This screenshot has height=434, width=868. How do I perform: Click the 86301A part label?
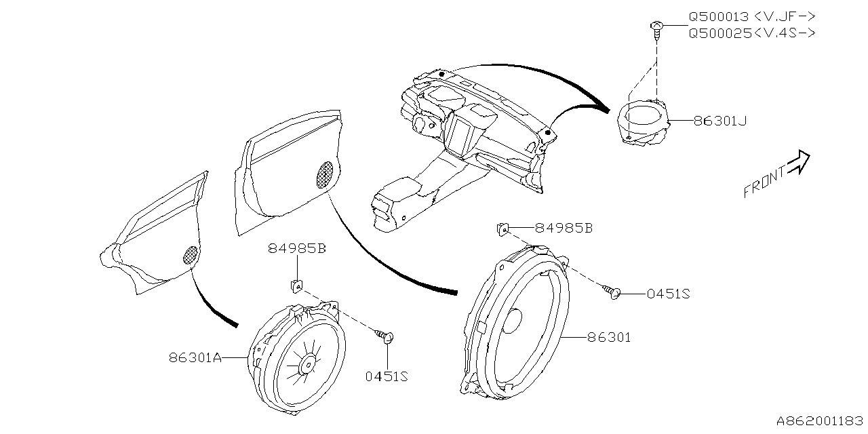point(195,357)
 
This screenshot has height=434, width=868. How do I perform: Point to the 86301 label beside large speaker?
point(608,337)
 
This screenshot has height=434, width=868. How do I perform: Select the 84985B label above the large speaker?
point(564,229)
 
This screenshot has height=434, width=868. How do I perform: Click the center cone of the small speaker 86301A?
point(307,366)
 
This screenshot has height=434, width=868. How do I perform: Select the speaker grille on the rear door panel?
point(192,254)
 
